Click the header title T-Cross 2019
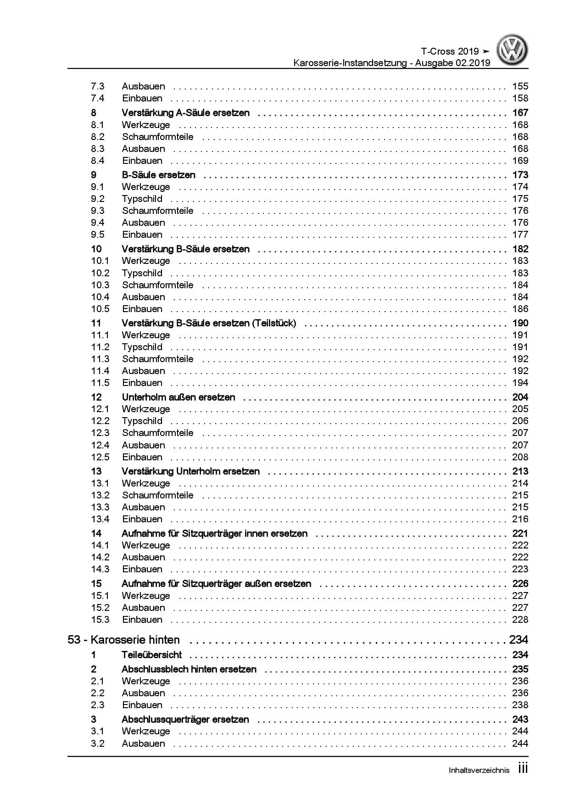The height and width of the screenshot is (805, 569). [x=449, y=51]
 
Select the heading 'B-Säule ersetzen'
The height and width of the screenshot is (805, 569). [x=158, y=175]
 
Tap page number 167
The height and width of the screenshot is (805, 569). [x=520, y=112]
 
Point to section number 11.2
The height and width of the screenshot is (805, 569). [x=100, y=347]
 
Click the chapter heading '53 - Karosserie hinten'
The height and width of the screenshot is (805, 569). [x=123, y=640]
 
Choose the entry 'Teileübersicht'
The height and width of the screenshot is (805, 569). [x=151, y=655]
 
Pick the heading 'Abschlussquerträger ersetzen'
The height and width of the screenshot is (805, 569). [x=185, y=719]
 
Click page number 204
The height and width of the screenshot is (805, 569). [x=520, y=397]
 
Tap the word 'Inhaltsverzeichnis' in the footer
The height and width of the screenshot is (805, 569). [x=479, y=771]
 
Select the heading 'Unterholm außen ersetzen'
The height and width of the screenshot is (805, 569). [x=178, y=397]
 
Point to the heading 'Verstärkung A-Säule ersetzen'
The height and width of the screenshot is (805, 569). [x=185, y=112]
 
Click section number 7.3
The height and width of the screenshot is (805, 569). [x=98, y=86]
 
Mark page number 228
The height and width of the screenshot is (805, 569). [x=520, y=620]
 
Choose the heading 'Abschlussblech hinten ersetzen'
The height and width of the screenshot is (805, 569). [x=189, y=669]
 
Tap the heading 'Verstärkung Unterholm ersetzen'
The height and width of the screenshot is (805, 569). [x=190, y=471]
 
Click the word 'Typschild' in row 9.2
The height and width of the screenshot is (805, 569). [x=142, y=199]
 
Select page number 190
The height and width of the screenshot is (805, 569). [x=520, y=323]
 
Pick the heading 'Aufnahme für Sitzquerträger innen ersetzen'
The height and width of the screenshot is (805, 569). [x=214, y=533]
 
